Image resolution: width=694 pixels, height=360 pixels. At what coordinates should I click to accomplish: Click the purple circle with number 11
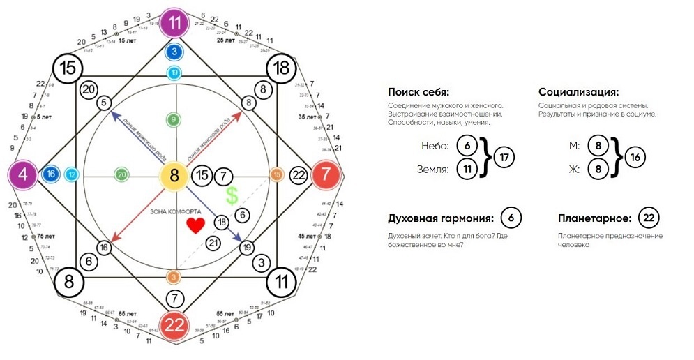pos(175,22)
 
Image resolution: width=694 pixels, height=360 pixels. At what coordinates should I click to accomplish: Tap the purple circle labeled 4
pos(23,174)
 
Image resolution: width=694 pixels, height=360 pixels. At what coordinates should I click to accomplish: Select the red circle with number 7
pos(326,174)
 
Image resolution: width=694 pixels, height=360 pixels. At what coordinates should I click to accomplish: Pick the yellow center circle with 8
pos(174,174)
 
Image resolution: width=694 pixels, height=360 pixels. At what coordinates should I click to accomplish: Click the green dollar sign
pos(232,195)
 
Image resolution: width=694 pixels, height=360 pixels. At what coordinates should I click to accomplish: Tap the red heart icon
pos(197,225)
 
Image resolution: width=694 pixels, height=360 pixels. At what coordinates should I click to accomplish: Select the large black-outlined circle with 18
pos(282,68)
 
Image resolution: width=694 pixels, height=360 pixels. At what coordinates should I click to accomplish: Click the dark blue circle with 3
pos(174,52)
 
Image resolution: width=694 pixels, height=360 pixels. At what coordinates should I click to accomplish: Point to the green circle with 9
pos(174,120)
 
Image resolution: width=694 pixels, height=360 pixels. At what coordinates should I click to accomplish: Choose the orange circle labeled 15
pos(277,174)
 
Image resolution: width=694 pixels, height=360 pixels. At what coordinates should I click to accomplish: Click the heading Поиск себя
pos(418,92)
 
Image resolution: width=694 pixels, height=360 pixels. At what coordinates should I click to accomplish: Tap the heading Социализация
pos(578,92)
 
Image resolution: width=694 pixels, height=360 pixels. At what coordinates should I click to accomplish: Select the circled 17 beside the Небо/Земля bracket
pos(505,158)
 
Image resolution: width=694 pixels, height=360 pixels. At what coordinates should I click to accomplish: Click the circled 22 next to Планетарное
pos(649,218)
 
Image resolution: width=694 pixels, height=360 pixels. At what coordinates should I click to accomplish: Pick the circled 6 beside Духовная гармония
pos(511,218)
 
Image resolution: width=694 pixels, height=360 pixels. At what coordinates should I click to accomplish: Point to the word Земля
pos(435,169)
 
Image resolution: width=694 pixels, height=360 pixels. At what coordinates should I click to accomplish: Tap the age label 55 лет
pos(225,315)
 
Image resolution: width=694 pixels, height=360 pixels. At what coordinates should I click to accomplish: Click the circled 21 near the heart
pos(214,242)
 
